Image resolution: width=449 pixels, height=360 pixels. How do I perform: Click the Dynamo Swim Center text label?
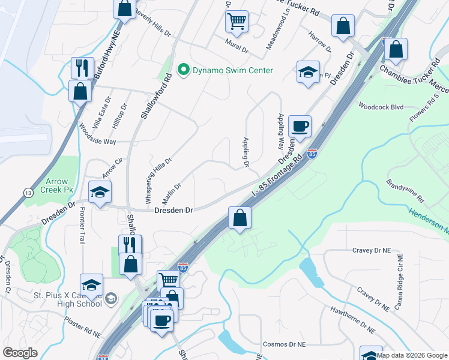click(x=232, y=71)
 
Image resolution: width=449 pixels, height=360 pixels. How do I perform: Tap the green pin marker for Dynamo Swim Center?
click(x=185, y=71)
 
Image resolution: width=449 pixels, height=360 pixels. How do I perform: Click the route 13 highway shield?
click(x=28, y=192)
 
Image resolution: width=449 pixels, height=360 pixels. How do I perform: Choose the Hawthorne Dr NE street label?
click(x=353, y=320)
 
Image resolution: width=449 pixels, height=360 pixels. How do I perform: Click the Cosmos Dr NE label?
click(x=285, y=345)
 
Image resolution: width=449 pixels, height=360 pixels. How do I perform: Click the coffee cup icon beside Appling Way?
click(x=300, y=127)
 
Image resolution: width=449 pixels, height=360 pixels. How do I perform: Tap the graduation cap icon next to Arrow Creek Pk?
click(x=100, y=192)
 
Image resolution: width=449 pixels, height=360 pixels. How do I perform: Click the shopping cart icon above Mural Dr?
click(x=237, y=21)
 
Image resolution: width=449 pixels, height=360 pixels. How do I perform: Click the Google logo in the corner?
click(x=20, y=353)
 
